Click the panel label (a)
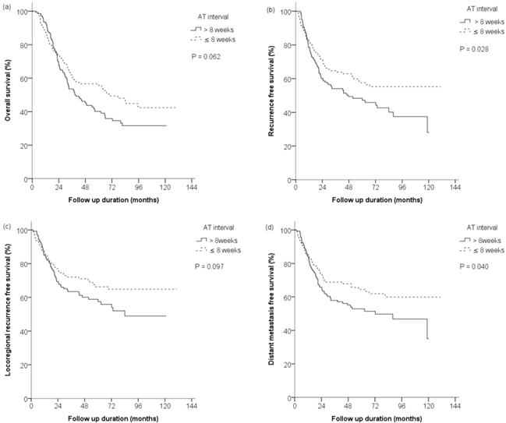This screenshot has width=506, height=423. tap(7, 7)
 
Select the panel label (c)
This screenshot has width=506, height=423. tap(7, 227)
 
